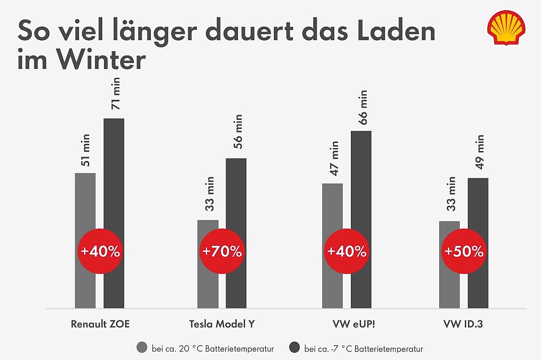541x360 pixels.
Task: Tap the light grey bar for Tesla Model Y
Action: coord(208,288)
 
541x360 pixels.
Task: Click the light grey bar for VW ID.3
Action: coord(449,288)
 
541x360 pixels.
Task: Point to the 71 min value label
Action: coord(115,93)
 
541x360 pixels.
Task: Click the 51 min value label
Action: coord(85,150)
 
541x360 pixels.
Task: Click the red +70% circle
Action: coord(222,252)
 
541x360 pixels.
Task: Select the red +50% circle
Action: coord(464,252)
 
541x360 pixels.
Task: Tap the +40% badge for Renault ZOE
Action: coord(100,252)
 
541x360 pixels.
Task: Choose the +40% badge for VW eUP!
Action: coord(346,252)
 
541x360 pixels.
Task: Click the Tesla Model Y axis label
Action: coord(222,324)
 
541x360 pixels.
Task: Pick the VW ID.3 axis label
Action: coord(464,324)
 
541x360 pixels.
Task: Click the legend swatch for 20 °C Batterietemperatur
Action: coord(142,348)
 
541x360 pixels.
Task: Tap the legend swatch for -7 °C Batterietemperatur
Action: coord(294,348)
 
